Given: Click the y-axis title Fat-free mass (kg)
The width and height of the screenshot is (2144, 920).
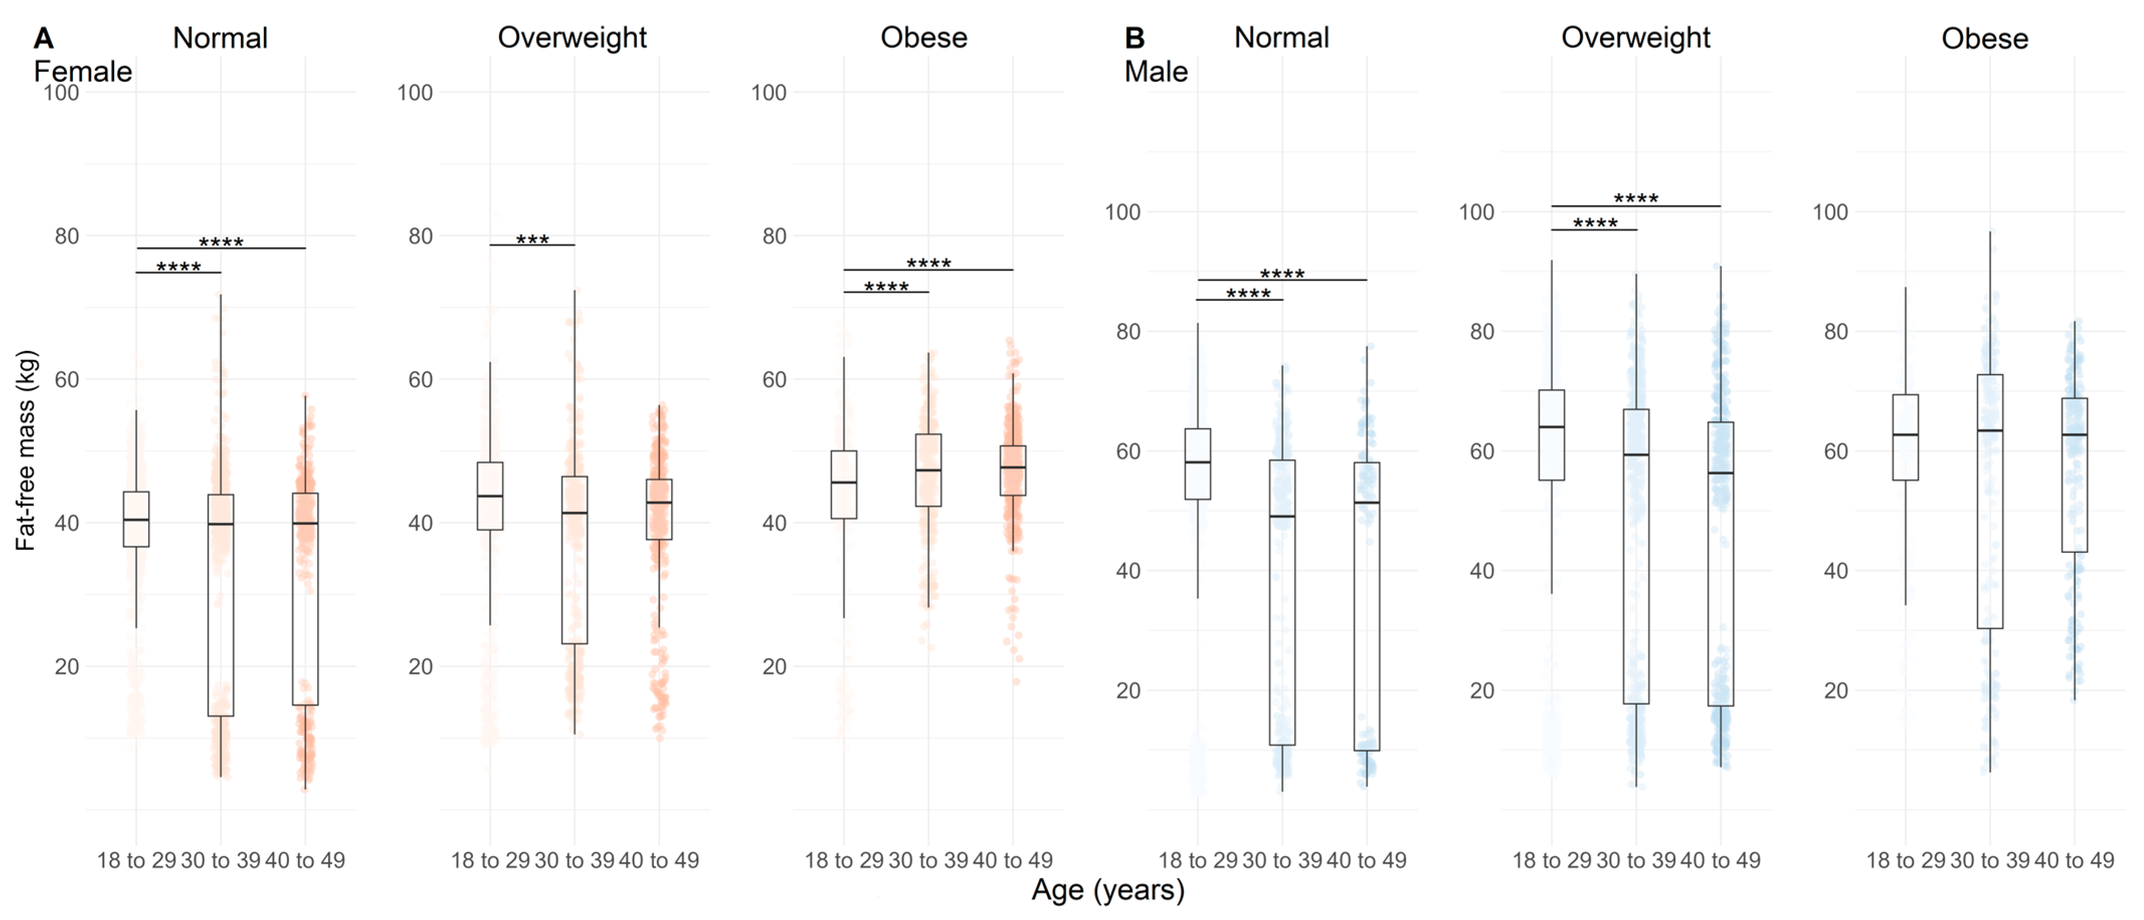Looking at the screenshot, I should [26, 450].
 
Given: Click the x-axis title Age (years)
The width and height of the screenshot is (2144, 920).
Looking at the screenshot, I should [1107, 890].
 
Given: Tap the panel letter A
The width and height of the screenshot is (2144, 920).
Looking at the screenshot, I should [43, 38].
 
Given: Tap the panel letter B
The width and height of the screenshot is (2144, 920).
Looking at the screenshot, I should [1134, 38].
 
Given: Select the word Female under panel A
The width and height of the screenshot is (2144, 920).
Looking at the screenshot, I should [82, 71].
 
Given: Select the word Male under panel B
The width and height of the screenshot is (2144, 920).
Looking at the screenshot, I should [1155, 71].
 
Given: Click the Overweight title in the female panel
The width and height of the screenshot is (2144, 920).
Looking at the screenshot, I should [572, 38].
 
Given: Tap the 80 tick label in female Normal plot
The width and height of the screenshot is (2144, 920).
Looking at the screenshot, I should [66, 236].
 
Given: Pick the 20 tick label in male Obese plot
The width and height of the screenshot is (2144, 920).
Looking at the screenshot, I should [1835, 691].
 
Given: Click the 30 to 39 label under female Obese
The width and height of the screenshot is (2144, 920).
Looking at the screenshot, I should [928, 860].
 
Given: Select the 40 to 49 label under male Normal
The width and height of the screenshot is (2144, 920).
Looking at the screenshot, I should [1366, 860].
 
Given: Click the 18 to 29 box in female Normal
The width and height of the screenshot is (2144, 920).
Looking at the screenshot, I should [137, 519].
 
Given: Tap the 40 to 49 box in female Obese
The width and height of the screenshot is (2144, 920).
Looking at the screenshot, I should [1013, 471].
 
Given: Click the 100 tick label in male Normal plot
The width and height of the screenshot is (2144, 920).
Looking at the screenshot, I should [1122, 212].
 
